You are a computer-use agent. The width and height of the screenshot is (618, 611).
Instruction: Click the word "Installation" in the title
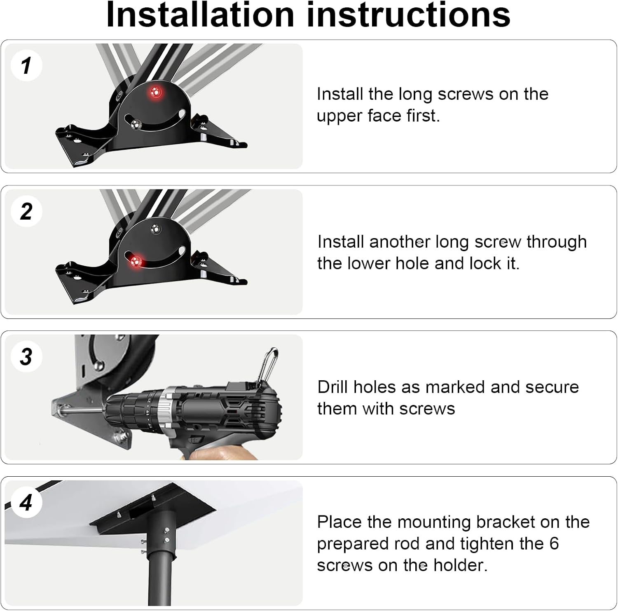[x=200, y=15]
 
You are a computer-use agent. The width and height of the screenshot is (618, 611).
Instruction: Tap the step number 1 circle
[x=26, y=66]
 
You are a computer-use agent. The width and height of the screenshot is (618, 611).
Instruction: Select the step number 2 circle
[x=26, y=211]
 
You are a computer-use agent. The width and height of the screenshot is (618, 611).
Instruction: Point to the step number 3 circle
[x=26, y=357]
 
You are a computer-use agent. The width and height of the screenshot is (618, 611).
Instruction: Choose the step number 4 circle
[x=26, y=503]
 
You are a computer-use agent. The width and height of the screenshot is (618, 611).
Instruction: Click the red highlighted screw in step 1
[x=156, y=92]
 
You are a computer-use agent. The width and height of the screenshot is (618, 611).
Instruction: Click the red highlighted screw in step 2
[x=136, y=260]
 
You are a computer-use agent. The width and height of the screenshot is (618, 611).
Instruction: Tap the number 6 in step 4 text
[x=554, y=543]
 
